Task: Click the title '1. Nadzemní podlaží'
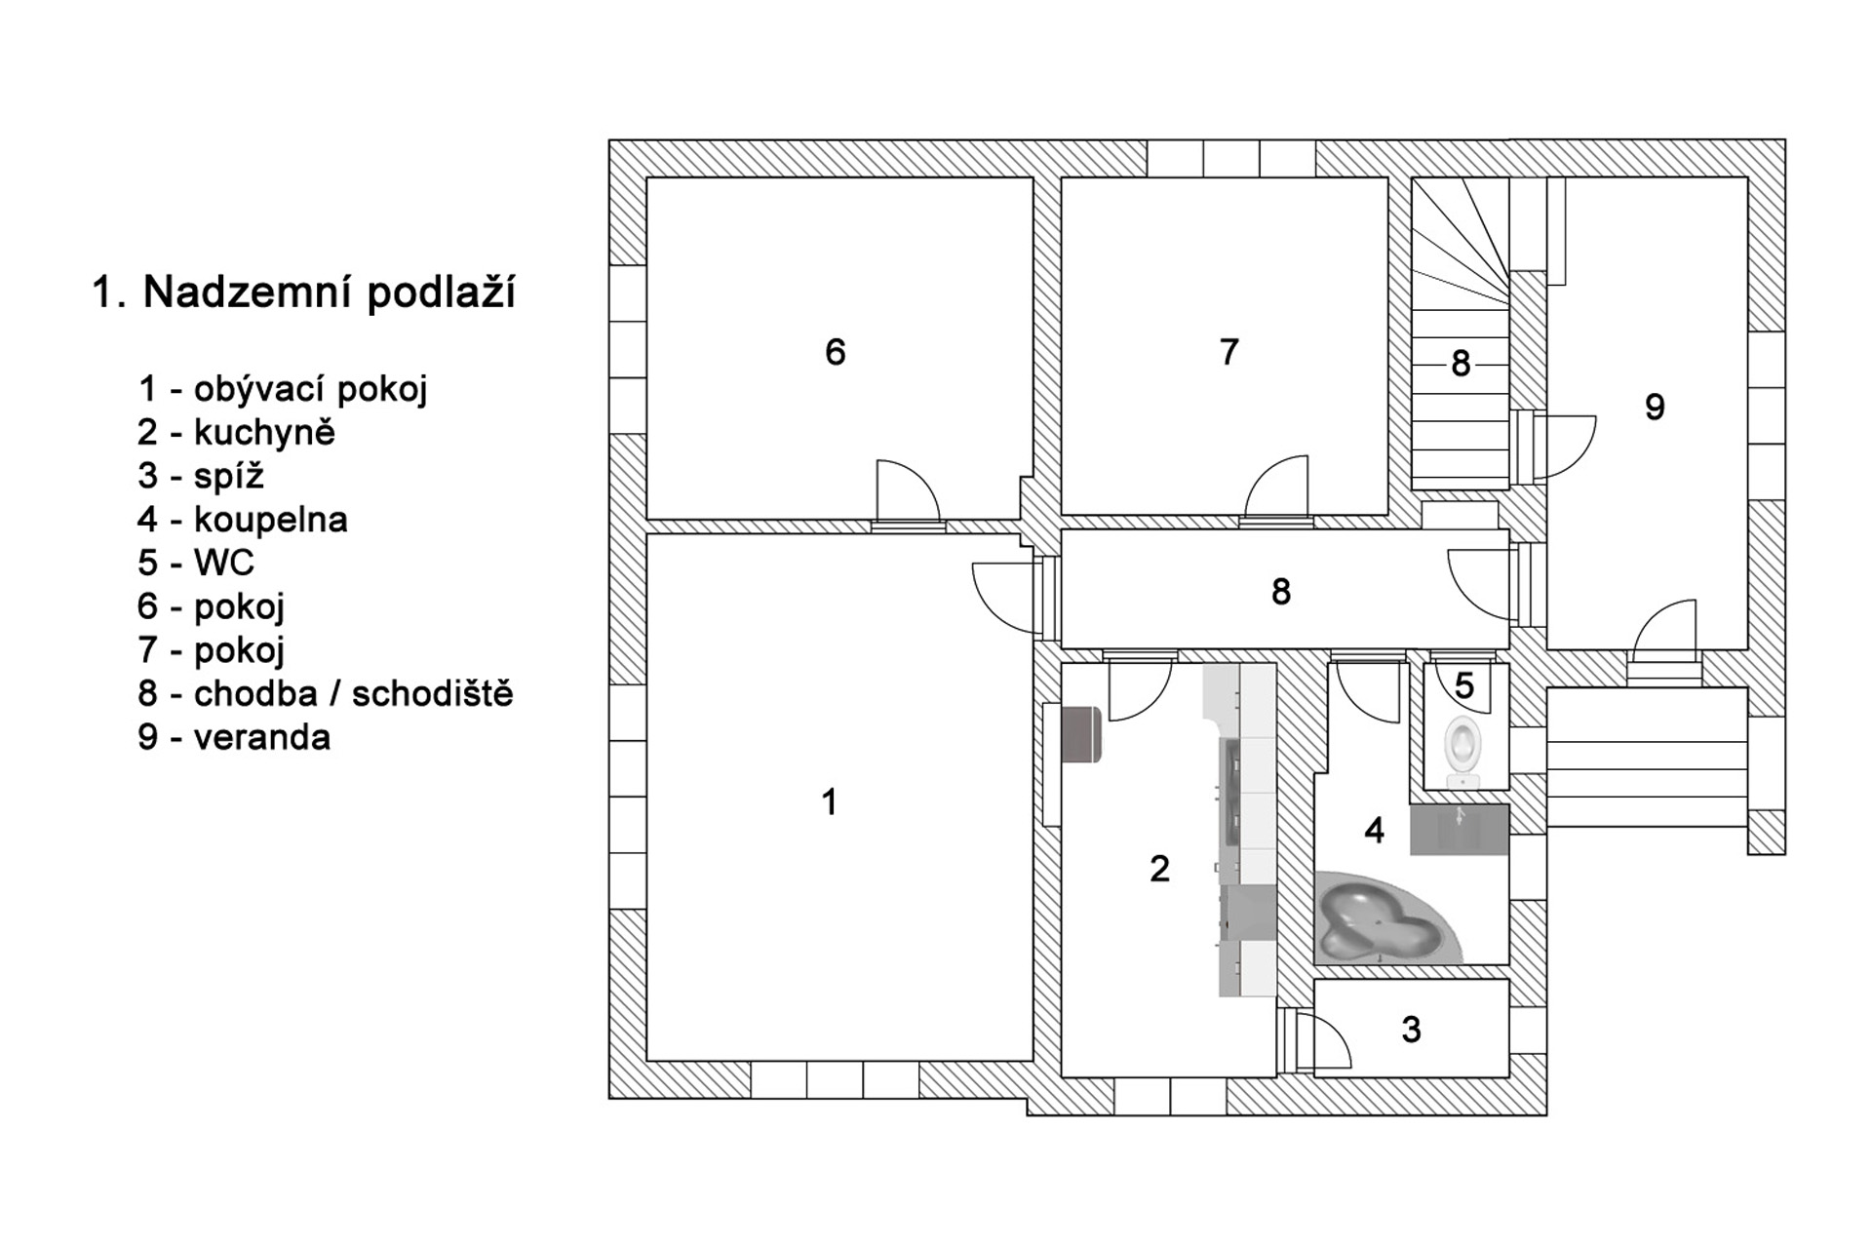tap(303, 292)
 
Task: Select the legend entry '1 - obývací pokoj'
tap(283, 389)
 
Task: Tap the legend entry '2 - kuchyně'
tap(237, 432)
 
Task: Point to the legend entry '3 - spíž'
tap(202, 476)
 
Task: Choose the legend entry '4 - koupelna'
tap(243, 519)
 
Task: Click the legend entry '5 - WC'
tap(196, 563)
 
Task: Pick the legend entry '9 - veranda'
tap(235, 737)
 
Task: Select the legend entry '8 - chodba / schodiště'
tap(326, 693)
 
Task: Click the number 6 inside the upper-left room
tap(836, 352)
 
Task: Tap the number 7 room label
tap(1228, 352)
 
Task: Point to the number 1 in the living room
tap(830, 802)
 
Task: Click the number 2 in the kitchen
tap(1159, 869)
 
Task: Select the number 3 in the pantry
tap(1411, 1030)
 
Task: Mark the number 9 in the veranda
tap(1655, 407)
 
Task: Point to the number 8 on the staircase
tap(1461, 364)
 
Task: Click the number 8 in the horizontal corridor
tap(1281, 592)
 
